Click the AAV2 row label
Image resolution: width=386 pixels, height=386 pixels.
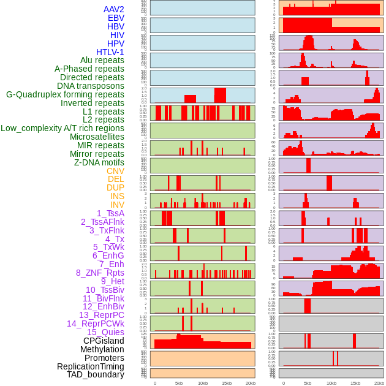click(114, 9)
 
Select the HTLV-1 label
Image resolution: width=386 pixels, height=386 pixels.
click(110, 52)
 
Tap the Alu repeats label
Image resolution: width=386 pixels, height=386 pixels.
click(102, 60)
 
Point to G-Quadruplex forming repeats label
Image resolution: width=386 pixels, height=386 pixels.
click(65, 94)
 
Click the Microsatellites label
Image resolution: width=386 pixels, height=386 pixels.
click(97, 137)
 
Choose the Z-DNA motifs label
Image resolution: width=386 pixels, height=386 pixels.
click(99, 162)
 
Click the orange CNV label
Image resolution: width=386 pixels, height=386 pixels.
click(115, 171)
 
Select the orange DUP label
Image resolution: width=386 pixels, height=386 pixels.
click(115, 187)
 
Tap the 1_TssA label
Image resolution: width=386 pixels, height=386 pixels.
click(110, 213)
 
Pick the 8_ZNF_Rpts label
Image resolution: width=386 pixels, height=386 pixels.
click(100, 273)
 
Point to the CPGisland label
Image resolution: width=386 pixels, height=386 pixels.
click(104, 341)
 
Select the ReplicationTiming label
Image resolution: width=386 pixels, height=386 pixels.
click(90, 366)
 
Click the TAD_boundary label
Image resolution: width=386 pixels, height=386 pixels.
click(95, 374)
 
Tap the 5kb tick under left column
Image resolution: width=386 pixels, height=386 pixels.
click(179, 383)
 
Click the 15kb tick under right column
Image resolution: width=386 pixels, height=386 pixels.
click(355, 383)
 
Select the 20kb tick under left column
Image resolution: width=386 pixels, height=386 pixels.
click(250, 383)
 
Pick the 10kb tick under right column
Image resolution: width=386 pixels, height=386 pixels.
click(331, 383)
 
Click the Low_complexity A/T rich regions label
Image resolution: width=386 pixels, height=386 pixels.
click(62, 128)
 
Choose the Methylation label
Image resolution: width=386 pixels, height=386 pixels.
click(98, 349)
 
